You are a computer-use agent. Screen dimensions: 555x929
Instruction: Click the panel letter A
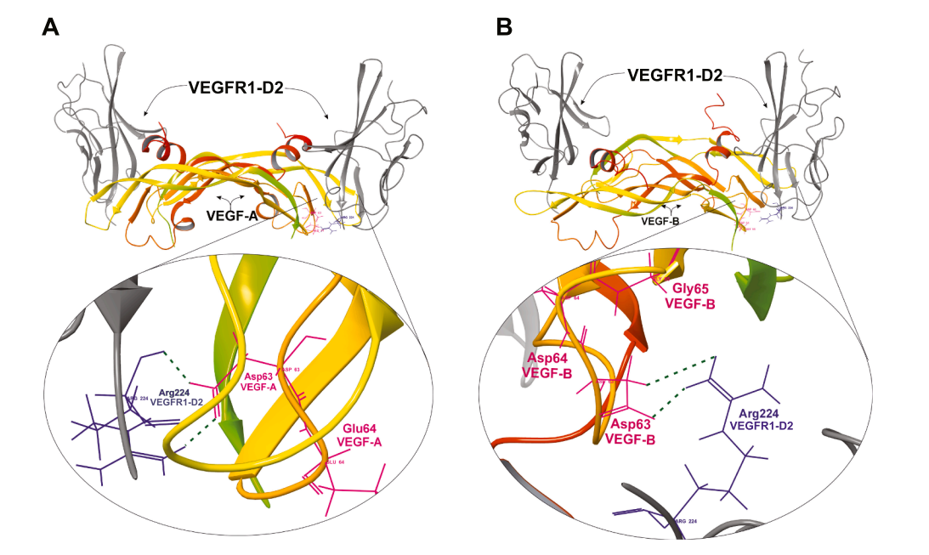tap(51, 27)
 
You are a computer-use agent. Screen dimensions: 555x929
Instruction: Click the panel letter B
tap(504, 27)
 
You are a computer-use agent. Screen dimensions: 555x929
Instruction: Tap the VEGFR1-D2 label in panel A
tap(235, 87)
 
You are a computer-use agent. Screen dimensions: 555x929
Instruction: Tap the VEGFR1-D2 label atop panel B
tap(675, 75)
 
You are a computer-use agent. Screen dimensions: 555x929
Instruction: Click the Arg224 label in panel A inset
tap(174, 397)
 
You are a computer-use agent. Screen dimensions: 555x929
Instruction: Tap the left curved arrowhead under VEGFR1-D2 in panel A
tap(146, 112)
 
